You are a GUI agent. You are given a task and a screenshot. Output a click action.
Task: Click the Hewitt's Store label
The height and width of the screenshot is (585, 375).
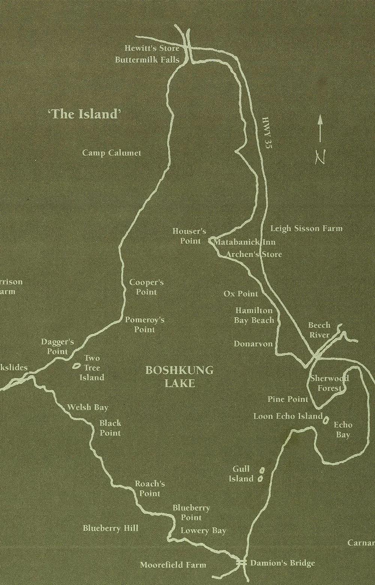pos(151,48)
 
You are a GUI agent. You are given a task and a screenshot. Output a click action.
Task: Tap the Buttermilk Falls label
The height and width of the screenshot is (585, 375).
pos(147,60)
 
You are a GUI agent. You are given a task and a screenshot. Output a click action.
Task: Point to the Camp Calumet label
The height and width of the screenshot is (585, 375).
pos(112,153)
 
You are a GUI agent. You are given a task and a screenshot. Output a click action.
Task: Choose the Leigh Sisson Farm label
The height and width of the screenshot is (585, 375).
pos(306,228)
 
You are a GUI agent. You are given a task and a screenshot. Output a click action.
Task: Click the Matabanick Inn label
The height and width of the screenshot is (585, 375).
pos(244,242)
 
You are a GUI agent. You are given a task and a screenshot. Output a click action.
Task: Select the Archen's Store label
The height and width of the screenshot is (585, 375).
pos(253,254)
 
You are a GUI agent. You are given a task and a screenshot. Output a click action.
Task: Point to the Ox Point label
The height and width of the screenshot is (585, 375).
pos(241,293)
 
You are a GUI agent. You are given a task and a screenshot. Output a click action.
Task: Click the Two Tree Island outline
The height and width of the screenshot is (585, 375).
pos(77,364)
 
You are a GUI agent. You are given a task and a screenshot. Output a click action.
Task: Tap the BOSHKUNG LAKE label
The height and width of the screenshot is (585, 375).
pos(179,377)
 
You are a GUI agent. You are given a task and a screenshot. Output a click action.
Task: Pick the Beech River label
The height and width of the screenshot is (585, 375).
pos(319,330)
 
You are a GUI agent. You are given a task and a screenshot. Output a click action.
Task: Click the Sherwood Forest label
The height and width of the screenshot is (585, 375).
pos(329,383)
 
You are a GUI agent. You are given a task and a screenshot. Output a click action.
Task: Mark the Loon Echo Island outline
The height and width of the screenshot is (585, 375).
pos(326,420)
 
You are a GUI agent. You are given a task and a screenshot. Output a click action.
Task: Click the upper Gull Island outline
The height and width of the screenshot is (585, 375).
pos(262,470)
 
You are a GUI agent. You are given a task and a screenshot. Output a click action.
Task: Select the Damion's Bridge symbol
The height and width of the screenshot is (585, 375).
pos(241,562)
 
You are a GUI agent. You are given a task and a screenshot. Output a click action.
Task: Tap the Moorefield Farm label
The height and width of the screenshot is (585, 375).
pos(173,565)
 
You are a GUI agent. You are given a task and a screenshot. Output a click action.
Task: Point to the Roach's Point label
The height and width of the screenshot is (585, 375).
pos(150,488)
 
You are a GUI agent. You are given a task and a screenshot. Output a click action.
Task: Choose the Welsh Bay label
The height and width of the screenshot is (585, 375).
pos(87,407)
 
